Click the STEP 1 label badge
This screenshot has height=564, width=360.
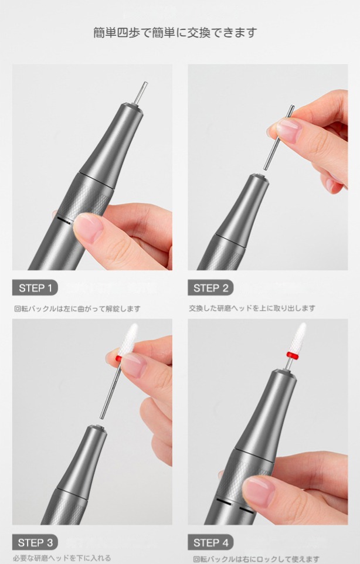tap(35, 287)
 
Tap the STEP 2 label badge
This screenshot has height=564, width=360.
tap(210, 287)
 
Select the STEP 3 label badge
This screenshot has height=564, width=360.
tap(35, 542)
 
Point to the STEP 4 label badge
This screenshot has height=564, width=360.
tap(210, 542)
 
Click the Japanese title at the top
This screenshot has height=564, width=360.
tap(175, 32)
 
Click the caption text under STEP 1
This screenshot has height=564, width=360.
tap(77, 308)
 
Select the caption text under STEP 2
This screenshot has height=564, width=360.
tap(252, 308)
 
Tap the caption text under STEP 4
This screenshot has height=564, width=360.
tap(256, 559)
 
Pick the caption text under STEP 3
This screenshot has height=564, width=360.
tap(62, 558)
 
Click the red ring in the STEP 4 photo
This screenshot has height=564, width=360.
tap(293, 355)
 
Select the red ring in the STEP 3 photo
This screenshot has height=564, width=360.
tap(118, 358)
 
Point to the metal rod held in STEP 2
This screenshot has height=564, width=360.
tap(279, 137)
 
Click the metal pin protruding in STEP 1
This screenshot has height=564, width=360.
tap(141, 93)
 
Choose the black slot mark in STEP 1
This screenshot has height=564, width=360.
tap(64, 220)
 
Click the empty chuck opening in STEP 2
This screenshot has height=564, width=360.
tap(260, 176)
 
